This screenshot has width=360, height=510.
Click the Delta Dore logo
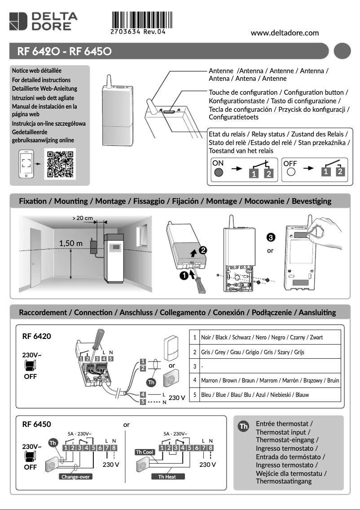(43, 22)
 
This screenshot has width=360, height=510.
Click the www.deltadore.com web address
(285, 33)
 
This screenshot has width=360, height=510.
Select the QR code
(60, 165)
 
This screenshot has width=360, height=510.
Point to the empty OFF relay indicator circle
(290, 172)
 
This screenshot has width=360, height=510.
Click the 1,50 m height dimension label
(71, 243)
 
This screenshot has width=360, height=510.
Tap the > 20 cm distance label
(83, 218)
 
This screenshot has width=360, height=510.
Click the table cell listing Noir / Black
(270, 337)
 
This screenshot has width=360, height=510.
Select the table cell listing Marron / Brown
(270, 380)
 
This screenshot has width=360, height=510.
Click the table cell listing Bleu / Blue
(270, 395)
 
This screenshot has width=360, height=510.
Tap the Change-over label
(75, 476)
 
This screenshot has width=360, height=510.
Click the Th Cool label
(145, 452)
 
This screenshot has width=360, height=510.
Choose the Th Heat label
(167, 476)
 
